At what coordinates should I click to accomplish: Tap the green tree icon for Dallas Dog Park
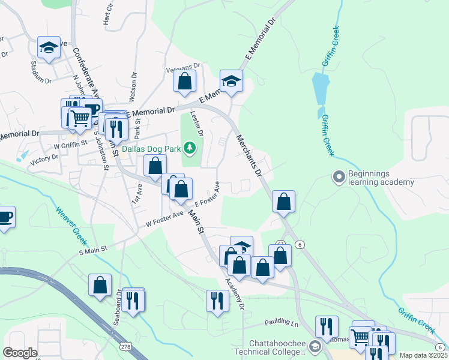(190, 147)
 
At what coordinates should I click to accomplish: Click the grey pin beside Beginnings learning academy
(339, 177)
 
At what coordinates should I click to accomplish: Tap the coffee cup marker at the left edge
(5, 217)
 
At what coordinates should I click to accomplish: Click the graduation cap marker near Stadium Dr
(49, 47)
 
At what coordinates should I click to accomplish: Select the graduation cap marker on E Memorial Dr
(231, 81)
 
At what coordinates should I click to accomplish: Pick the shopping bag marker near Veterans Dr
(185, 80)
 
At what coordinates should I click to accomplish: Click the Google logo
(20, 353)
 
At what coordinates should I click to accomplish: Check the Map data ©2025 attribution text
(423, 355)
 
